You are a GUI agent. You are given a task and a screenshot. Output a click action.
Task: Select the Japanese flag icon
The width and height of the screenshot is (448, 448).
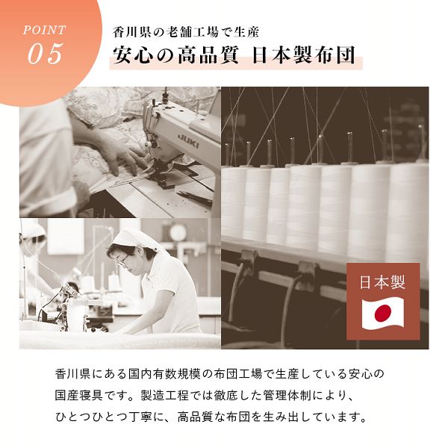coord(383,312)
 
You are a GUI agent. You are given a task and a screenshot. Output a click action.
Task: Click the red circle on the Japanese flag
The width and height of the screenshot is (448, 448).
coord(383,312)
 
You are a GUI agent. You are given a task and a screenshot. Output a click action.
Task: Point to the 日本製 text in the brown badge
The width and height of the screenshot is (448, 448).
coord(382,283)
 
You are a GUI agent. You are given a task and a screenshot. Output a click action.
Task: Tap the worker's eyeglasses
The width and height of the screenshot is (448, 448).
coord(122,261)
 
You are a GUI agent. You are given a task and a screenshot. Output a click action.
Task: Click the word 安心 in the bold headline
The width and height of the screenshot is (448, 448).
coord(128,57)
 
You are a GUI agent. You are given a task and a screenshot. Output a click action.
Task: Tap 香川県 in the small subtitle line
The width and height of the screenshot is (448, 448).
coord(128,33)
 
